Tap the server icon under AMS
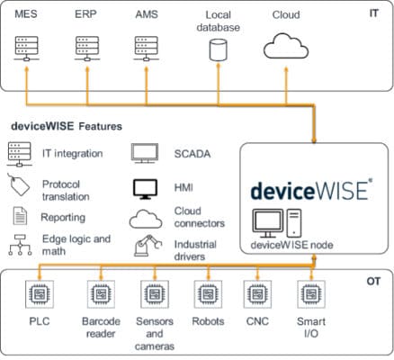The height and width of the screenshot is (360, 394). point(147,46)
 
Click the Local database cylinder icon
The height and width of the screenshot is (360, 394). point(216,49)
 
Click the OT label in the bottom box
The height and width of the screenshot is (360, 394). point(372,282)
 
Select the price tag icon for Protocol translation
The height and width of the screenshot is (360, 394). point(19,186)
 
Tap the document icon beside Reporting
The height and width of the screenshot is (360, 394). point(19,216)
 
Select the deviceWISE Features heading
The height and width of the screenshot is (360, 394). point(67,128)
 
